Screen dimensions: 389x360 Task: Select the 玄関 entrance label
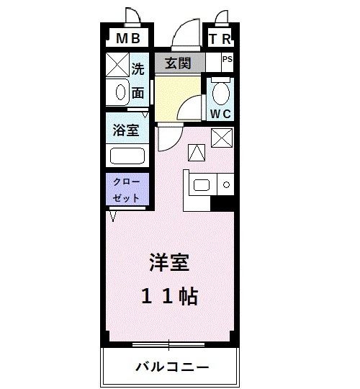[x=179, y=63]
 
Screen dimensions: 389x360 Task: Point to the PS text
[x=227, y=60]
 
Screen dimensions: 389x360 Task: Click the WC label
[x=220, y=113]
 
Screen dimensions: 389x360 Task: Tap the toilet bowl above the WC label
[x=220, y=93]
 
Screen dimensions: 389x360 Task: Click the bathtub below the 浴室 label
[x=127, y=156]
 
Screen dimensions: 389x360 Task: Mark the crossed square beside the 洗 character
[x=117, y=65]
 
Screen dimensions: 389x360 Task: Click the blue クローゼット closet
[x=127, y=189]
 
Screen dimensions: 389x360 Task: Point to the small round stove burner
[x=226, y=185]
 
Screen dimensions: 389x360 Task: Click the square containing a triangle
[x=197, y=152]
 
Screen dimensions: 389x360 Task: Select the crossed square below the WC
[x=220, y=137]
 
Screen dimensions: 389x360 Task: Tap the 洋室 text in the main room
[x=170, y=263]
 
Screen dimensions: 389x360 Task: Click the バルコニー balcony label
[x=172, y=367]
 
